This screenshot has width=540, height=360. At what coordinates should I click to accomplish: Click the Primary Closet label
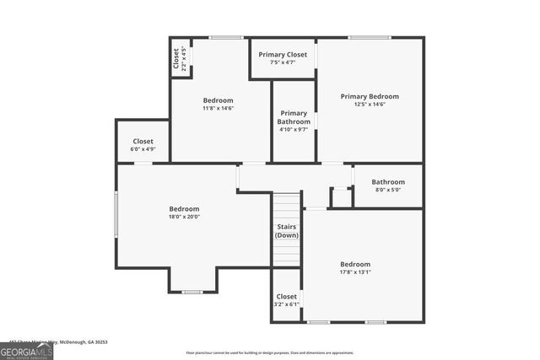[283, 55]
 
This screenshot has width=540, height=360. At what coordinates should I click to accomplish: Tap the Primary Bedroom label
[370, 97]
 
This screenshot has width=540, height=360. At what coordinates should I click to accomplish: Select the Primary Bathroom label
[294, 117]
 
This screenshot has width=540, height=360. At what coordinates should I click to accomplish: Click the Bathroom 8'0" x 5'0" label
[388, 182]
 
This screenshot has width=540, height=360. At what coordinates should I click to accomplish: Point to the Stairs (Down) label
[287, 231]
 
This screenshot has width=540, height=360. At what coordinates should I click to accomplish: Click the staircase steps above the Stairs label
[287, 207]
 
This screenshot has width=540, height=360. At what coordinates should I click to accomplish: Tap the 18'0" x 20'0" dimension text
[184, 218]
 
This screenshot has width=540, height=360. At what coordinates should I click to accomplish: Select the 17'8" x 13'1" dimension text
[355, 272]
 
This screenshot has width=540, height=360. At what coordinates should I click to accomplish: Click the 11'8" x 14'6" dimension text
[218, 108]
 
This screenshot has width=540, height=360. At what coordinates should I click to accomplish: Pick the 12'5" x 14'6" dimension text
[370, 105]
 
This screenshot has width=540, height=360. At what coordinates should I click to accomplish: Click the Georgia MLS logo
[26, 352]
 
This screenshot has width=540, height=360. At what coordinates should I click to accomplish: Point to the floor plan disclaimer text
[269, 353]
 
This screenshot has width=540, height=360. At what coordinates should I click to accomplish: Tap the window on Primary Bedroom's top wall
[364, 37]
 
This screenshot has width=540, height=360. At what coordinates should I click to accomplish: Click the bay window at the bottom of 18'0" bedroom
[192, 292]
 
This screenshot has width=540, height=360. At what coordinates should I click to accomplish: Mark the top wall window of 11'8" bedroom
[225, 37]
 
